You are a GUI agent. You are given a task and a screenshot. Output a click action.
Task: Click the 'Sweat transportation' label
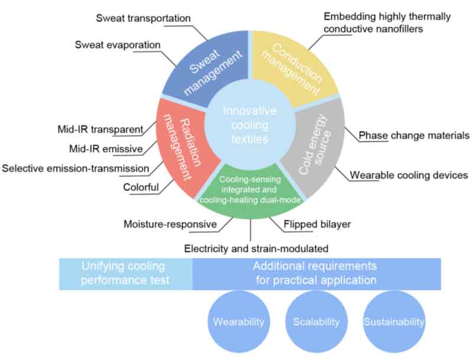coord(143,18)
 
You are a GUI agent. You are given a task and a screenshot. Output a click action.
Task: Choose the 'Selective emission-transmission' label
coord(75,168)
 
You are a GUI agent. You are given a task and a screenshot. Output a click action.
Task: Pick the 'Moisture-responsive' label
coord(170,225)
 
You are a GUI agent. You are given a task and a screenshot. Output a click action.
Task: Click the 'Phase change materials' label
coord(413,135)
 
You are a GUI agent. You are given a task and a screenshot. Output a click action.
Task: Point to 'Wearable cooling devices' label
coord(409,176)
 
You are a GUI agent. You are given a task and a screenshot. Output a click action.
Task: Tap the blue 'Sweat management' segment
coord(204,68)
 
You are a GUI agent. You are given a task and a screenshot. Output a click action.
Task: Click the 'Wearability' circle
coord(238,322)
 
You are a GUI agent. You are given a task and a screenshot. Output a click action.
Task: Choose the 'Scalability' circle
coord(316,322)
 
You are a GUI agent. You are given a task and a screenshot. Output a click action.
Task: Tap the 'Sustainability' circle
coord(393,322)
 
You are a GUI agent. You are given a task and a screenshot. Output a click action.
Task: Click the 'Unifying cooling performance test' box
coord(125,273)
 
